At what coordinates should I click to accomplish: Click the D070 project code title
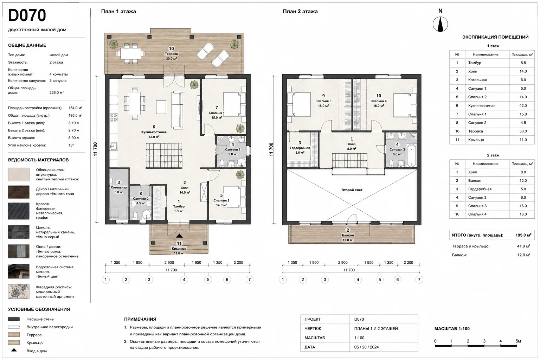pyautogui.click(x=27, y=15)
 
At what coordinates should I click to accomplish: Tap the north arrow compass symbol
pyautogui.click(x=440, y=24)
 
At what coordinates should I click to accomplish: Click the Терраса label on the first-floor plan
pyautogui.click(x=171, y=54)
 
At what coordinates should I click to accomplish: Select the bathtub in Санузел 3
pyautogui.click(x=411, y=155)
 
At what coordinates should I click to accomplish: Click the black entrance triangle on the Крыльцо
pyautogui.click(x=179, y=236)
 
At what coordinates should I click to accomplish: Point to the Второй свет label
pyautogui.click(x=352, y=190)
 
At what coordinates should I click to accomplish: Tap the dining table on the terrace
pyautogui.click(x=130, y=53)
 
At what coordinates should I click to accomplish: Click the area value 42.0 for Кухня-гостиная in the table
pyautogui.click(x=523, y=105)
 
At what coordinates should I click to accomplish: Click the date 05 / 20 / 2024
pyautogui.click(x=366, y=347)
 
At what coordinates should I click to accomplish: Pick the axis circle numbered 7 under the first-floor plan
pyautogui.click(x=250, y=279)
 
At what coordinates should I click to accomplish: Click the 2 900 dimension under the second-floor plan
pyautogui.click(x=342, y=263)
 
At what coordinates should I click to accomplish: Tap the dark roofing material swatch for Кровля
pyautogui.click(x=19, y=211)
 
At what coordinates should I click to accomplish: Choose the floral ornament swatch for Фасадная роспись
pyautogui.click(x=19, y=291)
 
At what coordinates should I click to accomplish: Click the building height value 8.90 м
pyautogui.click(x=74, y=138)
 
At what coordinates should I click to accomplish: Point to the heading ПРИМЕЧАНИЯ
pyautogui.click(x=140, y=319)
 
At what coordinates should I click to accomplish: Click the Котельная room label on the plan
pyautogui.click(x=119, y=187)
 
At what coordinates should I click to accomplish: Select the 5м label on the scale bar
pyautogui.click(x=518, y=341)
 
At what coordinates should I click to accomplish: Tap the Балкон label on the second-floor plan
pyautogui.click(x=348, y=235)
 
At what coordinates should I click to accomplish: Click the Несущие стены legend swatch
pyautogui.click(x=14, y=319)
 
